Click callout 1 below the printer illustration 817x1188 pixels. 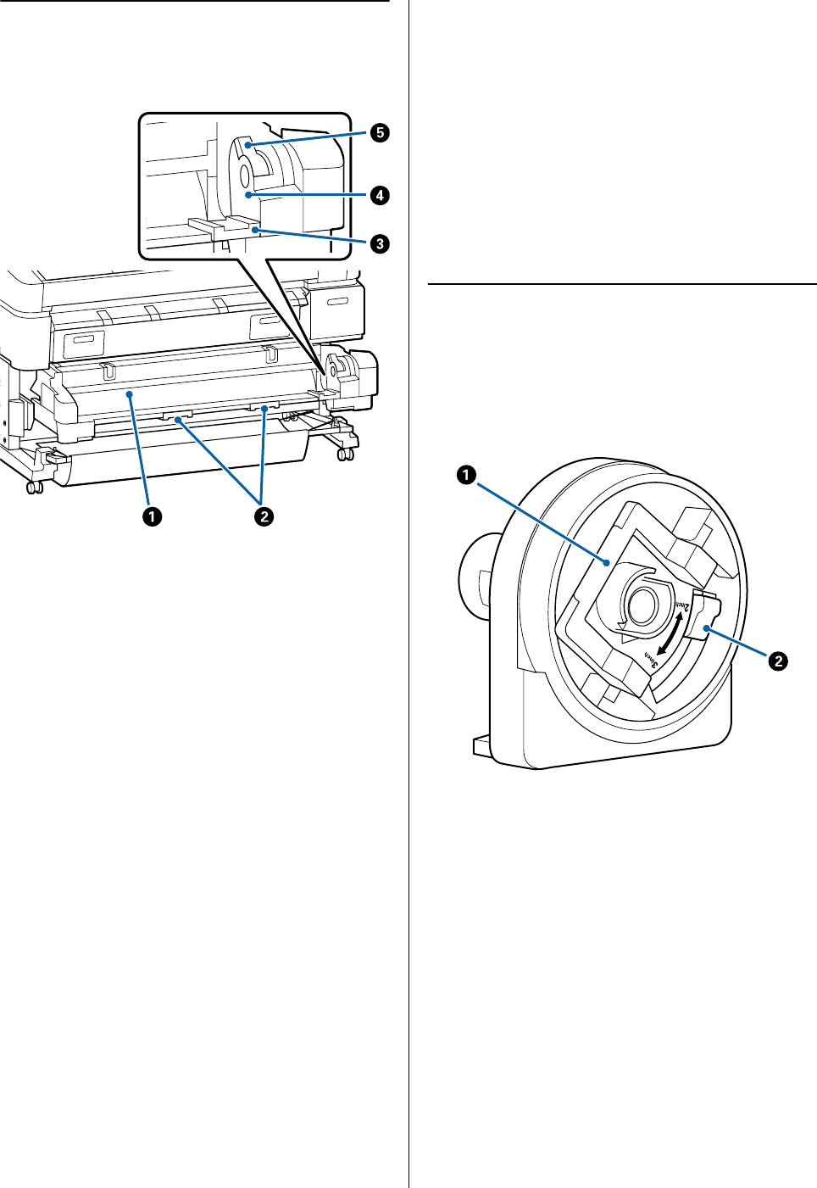click(153, 516)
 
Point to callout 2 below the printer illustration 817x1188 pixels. click(264, 516)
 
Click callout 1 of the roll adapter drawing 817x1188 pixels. click(465, 475)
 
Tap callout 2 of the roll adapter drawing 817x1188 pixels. click(777, 660)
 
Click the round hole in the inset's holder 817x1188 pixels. click(243, 176)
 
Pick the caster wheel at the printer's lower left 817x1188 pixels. click(33, 488)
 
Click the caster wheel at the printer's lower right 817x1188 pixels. click(345, 455)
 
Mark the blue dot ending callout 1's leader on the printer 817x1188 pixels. click(129, 394)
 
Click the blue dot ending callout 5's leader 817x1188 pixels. click(244, 146)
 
